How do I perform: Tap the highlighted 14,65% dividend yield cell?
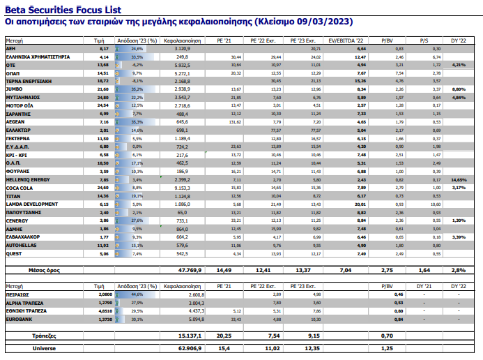tap(458, 179)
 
